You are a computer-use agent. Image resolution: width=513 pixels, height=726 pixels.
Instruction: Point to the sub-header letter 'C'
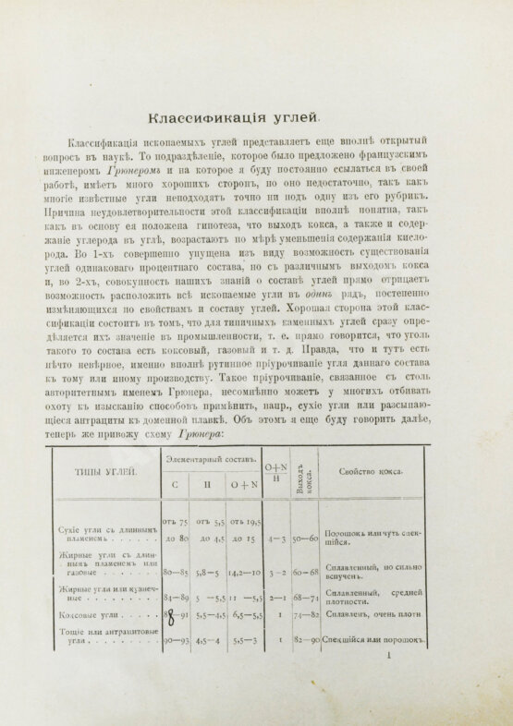(x=174, y=484)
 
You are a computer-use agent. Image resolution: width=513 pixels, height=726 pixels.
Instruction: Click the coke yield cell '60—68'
(x=303, y=572)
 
